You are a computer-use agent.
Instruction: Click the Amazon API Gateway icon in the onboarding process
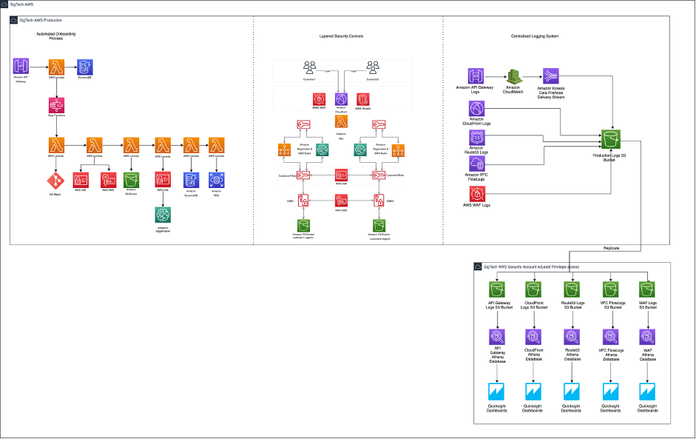pos(21,67)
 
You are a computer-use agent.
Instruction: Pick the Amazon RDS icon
pos(217,180)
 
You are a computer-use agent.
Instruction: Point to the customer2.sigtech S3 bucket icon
pos(379,224)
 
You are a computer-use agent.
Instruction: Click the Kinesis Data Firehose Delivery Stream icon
pos(551,76)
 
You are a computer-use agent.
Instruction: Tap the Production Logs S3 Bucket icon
pos(611,138)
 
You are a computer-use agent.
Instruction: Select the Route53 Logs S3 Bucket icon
pos(571,289)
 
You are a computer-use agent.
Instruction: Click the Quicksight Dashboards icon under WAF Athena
pos(649,391)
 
